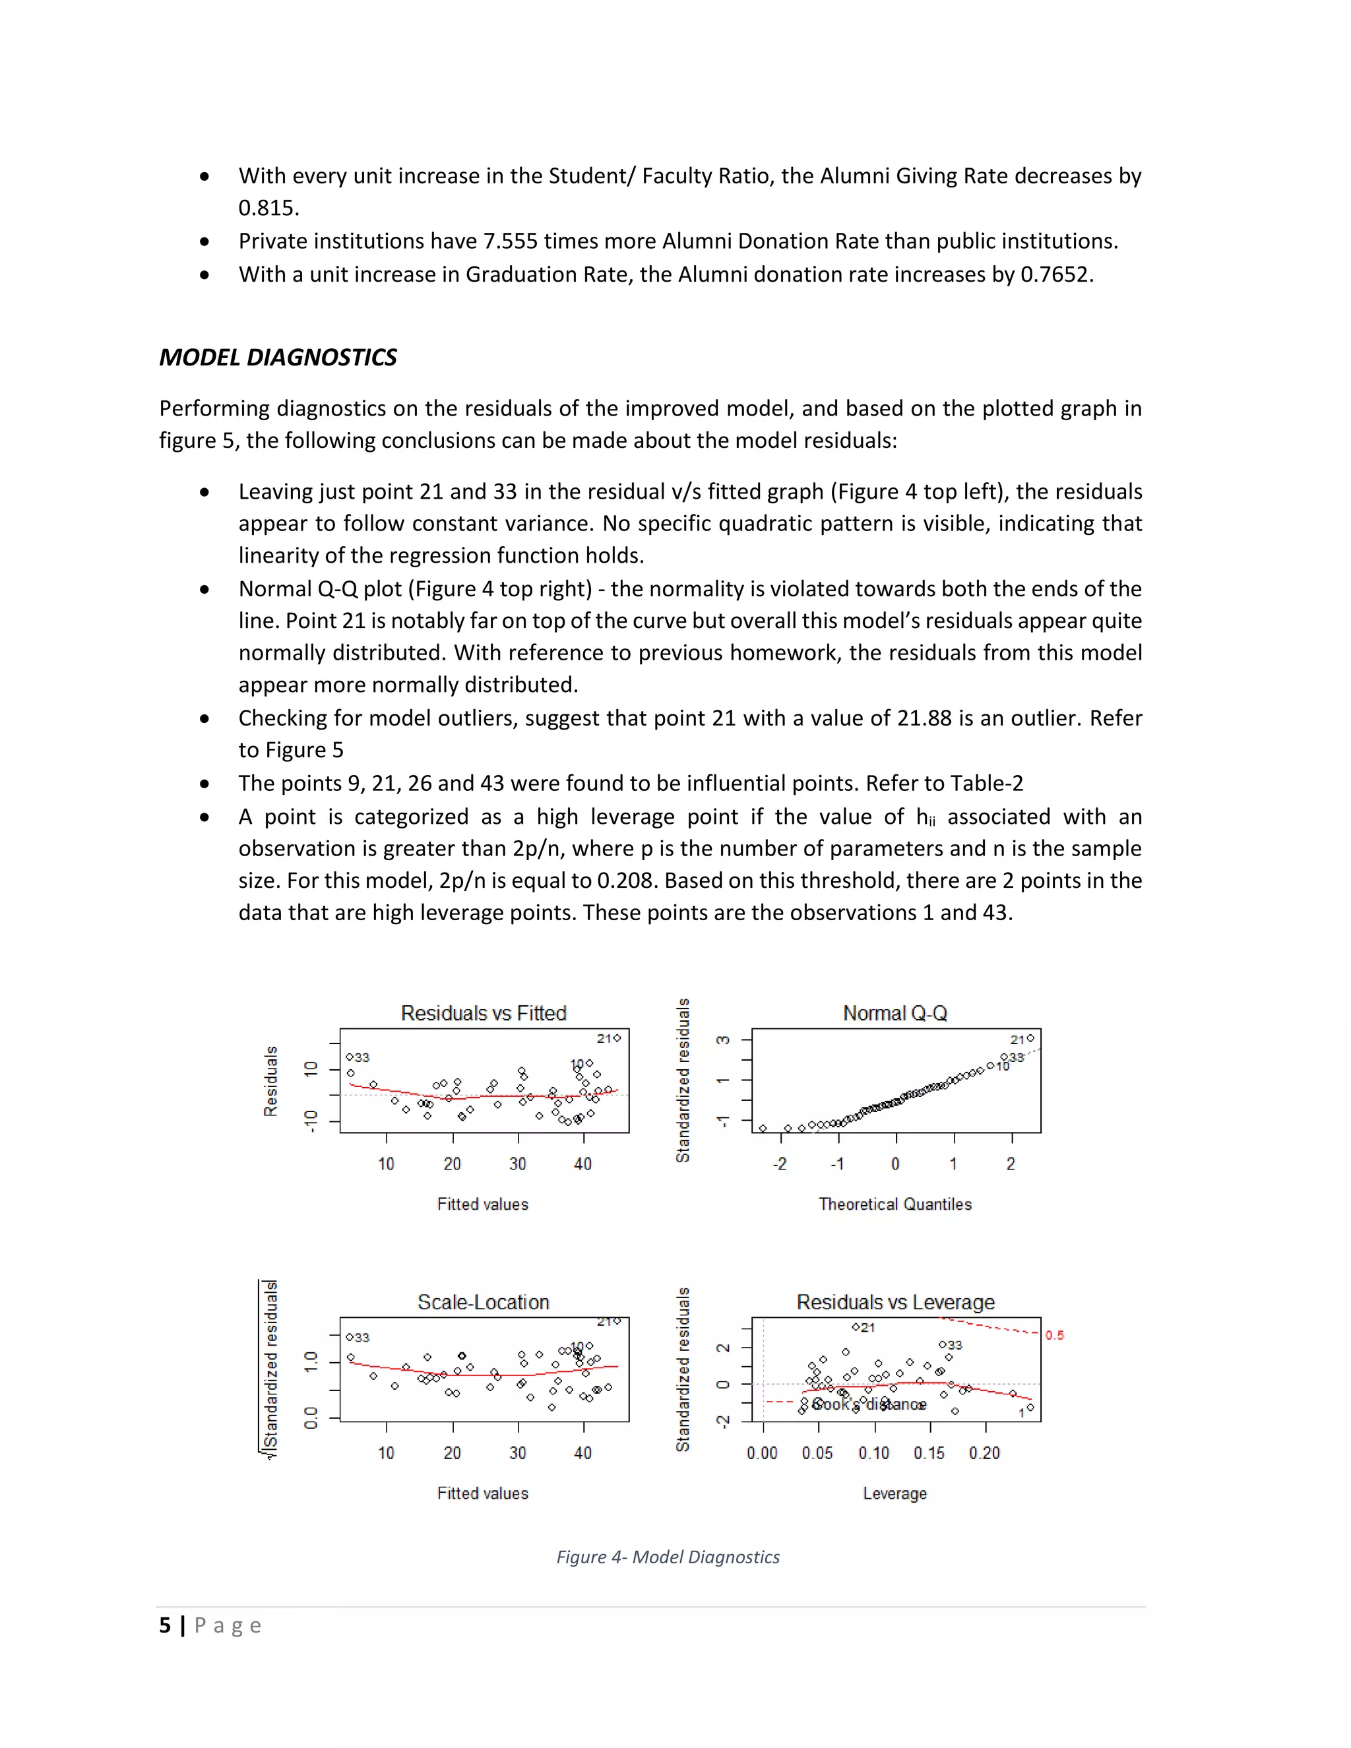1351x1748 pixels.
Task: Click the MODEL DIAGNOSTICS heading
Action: pos(278,357)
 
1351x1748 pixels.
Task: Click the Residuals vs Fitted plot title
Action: pos(484,1013)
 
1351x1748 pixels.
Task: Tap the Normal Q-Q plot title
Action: pos(895,1013)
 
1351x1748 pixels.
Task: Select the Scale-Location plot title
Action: pos(484,1302)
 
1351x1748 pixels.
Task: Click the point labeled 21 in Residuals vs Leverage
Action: pos(856,1327)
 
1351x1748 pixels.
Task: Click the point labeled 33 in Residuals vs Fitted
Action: pos(350,1057)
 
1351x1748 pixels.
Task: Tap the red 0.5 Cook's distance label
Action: pos(1054,1335)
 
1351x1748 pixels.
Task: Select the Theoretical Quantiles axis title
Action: pos(895,1204)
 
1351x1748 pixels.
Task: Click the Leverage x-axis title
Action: pos(895,1493)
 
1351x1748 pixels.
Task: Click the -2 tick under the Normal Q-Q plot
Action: pos(780,1164)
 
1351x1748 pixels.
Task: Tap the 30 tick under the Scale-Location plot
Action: pos(518,1452)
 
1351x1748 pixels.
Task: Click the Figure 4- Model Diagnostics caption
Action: pos(668,1557)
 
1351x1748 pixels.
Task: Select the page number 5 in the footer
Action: pos(165,1625)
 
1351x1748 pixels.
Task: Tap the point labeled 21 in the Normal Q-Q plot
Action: pos(1030,1038)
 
